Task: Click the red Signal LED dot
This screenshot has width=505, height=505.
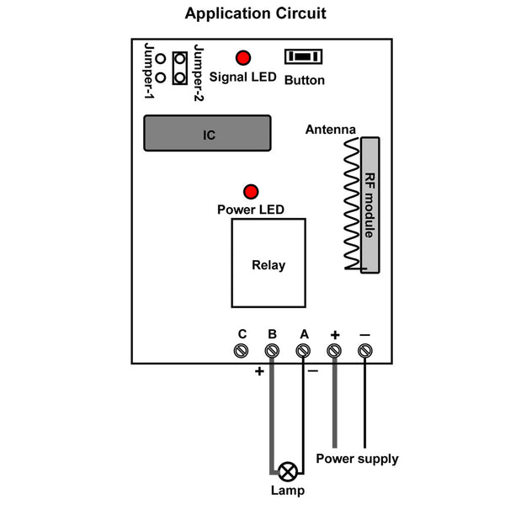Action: pos(243,58)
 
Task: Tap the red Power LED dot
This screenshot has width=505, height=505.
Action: pos(251,192)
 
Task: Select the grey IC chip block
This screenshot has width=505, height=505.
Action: pos(207,133)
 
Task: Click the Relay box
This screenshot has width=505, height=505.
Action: pos(268,263)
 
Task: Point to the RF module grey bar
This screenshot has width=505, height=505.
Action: pos(370,205)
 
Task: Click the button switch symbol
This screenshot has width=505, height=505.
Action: pos(303,56)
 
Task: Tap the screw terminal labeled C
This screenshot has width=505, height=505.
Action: pos(241,350)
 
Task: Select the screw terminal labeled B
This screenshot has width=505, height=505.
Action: pos(272,350)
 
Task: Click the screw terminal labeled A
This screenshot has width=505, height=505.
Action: pos(303,350)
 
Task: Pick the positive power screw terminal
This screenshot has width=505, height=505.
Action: pos(334,350)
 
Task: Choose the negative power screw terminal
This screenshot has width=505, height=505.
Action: pos(365,350)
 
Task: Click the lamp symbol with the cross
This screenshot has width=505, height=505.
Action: pos(288,472)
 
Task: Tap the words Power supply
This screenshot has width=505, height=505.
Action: pos(357,459)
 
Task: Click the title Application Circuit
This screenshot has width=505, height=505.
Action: pos(255,13)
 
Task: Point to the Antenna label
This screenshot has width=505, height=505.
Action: pos(331,130)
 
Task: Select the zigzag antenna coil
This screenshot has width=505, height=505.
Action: pos(352,204)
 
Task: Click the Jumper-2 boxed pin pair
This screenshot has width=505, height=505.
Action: pos(180,68)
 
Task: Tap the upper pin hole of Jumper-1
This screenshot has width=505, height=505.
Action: pos(161,59)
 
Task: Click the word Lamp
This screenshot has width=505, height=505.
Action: pos(288,491)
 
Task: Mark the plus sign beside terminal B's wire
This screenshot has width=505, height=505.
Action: pos(259,371)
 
